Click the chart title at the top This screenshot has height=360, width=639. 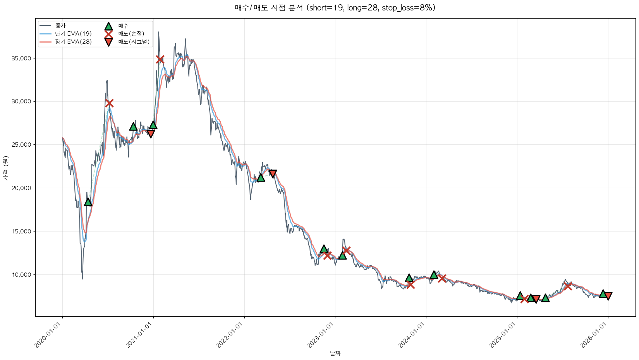335,8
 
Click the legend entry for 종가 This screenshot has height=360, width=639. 60,26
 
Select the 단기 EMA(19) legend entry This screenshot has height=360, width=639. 73,34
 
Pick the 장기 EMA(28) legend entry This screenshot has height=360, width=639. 73,42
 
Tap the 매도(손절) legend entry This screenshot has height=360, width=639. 131,34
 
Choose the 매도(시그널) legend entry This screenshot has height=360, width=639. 134,42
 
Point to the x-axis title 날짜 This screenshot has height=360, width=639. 335,353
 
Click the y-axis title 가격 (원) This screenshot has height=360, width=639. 5,168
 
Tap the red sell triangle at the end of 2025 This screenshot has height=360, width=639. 608,296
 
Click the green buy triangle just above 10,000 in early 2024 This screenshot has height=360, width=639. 434,274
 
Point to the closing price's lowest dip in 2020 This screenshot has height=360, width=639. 82,278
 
